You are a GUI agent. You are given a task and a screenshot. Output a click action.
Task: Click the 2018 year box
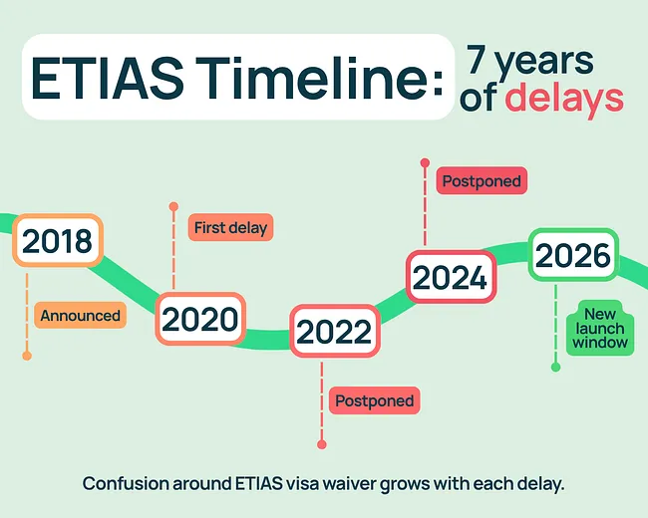pyautogui.click(x=57, y=240)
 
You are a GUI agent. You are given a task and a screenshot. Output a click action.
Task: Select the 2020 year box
pyautogui.click(x=200, y=319)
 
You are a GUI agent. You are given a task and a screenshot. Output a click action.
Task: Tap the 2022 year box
pyautogui.click(x=335, y=332)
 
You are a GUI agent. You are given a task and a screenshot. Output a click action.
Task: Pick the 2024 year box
pyautogui.click(x=451, y=276)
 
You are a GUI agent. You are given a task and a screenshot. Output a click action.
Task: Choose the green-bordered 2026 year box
pyautogui.click(x=573, y=255)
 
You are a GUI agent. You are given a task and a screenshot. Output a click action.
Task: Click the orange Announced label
pyautogui.click(x=80, y=316)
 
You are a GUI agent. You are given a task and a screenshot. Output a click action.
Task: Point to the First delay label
pyautogui.click(x=231, y=228)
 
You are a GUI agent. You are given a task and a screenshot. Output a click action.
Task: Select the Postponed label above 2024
pyautogui.click(x=482, y=182)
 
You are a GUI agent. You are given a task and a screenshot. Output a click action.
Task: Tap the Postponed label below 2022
pyautogui.click(x=374, y=400)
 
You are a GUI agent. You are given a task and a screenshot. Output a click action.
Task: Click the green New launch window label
pyautogui.click(x=599, y=330)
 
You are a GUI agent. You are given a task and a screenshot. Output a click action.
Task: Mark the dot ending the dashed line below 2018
pyautogui.click(x=27, y=355)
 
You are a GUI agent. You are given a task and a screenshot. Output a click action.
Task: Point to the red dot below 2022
pyautogui.click(x=321, y=444)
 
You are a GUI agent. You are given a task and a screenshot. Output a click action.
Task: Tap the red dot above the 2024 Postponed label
pyautogui.click(x=425, y=161)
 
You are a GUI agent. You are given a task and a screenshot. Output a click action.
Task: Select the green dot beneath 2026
pyautogui.click(x=555, y=367)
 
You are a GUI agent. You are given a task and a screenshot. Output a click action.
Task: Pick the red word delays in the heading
pyautogui.click(x=564, y=99)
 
